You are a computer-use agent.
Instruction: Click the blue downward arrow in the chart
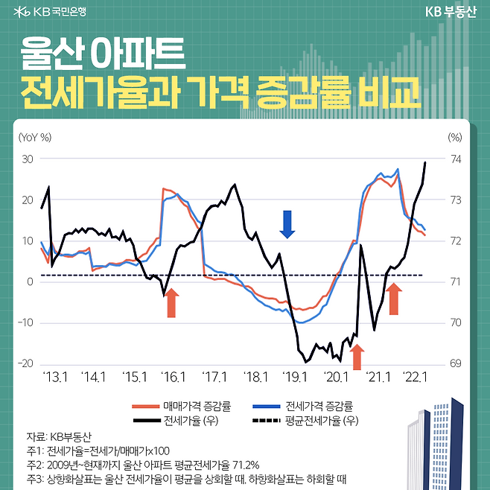pyautogui.click(x=287, y=223)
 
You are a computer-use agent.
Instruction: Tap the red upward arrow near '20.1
pyautogui.click(x=356, y=357)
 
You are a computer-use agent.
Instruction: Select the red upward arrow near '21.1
pyautogui.click(x=394, y=298)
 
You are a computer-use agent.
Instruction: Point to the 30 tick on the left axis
pyautogui.click(x=28, y=159)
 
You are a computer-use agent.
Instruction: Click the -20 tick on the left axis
pyautogui.click(x=26, y=363)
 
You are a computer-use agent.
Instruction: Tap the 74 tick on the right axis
pyautogui.click(x=455, y=159)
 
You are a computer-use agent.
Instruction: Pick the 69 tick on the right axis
pyautogui.click(x=455, y=363)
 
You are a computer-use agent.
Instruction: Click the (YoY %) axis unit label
pyautogui.click(x=36, y=136)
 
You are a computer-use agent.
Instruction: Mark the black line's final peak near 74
pyautogui.click(x=425, y=162)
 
